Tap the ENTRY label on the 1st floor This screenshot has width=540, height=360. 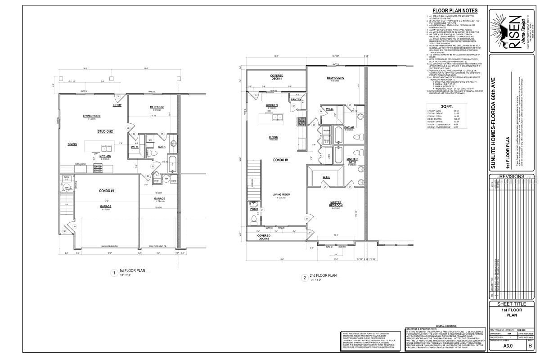[x=117, y=105]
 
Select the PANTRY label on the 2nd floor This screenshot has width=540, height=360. [x=296, y=99]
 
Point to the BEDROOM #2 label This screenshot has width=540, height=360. [x=335, y=78]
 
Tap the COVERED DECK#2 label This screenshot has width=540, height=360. [x=264, y=237]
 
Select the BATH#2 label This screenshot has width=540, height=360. [x=350, y=127]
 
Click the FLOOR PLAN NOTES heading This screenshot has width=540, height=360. [x=455, y=11]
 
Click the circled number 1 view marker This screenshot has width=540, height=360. [x=115, y=273]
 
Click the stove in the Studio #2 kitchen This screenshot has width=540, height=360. [x=98, y=168]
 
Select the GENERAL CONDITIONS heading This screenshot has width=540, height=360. [x=446, y=325]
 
